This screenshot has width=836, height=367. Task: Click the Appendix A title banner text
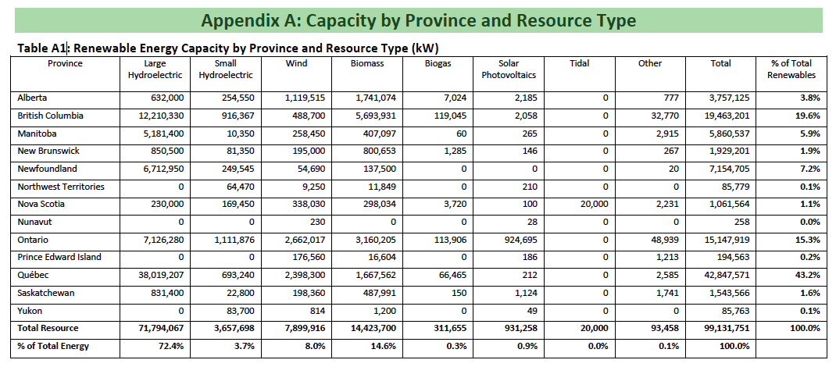click(x=419, y=21)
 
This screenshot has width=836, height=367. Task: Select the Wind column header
click(x=296, y=63)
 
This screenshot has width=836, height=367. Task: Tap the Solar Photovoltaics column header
click(x=509, y=69)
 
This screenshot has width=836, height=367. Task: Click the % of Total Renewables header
click(x=791, y=69)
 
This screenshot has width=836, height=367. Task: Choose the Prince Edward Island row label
click(x=59, y=257)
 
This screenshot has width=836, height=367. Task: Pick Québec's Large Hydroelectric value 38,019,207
click(x=158, y=276)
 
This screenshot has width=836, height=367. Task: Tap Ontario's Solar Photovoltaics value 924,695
click(x=520, y=241)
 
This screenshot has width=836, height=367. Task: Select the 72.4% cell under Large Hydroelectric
click(x=171, y=346)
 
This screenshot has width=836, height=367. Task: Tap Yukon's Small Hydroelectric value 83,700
click(x=239, y=311)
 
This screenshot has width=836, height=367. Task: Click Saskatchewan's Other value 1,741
click(x=669, y=294)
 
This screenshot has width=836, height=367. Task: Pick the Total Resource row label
click(x=48, y=329)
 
